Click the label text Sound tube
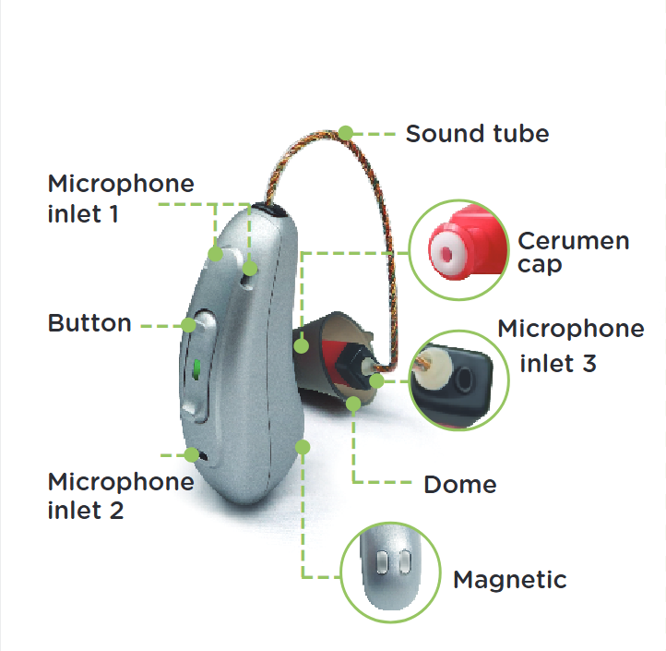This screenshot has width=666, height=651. coord(477,133)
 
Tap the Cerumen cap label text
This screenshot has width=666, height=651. coord(573,252)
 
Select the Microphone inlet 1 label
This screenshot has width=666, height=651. coord(121,198)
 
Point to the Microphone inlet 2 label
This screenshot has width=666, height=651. coord(121,495)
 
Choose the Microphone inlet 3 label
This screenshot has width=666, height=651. coord(570,345)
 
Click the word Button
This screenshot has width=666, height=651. coord(89,323)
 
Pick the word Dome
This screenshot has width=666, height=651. coord(459,484)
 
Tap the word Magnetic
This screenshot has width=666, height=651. coord(509,580)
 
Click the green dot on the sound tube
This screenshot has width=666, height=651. coord(345,133)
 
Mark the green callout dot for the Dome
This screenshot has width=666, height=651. coord(354,404)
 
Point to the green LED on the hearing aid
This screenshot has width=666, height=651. coord(196,371)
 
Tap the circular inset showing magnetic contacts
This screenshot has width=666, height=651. coord(387,569)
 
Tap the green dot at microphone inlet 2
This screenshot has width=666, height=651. coord(192,454)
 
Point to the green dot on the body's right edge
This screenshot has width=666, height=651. coord(303,446)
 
